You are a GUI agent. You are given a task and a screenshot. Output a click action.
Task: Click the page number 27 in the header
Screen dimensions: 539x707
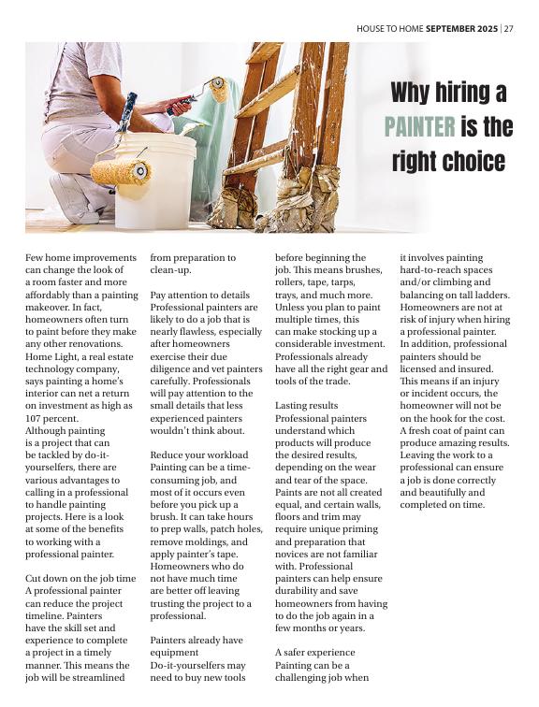(x=508, y=28)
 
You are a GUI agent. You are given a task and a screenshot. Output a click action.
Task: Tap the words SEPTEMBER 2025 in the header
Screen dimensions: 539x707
(x=462, y=28)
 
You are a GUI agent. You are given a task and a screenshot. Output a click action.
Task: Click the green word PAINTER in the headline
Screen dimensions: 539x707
(x=420, y=127)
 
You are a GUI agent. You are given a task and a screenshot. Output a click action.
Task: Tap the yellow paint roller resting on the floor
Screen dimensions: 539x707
(x=121, y=172)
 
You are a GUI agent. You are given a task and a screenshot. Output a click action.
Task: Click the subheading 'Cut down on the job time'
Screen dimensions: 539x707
(x=80, y=580)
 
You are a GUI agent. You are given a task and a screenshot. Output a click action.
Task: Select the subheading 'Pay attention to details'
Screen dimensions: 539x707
(x=200, y=295)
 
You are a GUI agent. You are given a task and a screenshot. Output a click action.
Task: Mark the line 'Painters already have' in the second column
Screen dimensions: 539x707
(x=197, y=641)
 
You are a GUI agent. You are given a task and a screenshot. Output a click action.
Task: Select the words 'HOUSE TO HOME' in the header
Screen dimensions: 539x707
(x=389, y=28)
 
